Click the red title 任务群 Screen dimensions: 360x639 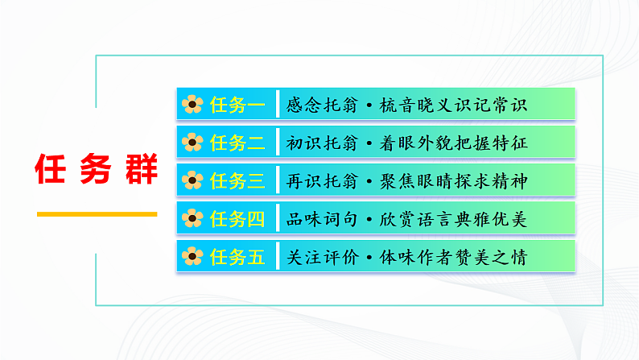point(97,170)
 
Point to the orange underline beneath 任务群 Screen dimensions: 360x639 point(97,214)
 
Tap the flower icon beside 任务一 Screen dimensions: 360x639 point(192,105)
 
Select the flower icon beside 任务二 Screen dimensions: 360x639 point(192,143)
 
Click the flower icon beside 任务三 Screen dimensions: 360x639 point(192,180)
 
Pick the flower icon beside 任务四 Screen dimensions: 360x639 point(192,218)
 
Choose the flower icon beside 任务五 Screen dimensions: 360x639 point(192,256)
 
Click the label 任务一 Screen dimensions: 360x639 point(237,105)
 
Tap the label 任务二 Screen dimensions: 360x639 point(237,143)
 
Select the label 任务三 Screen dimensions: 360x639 point(237,180)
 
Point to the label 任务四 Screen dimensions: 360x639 point(237,218)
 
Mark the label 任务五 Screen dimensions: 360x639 point(237,256)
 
